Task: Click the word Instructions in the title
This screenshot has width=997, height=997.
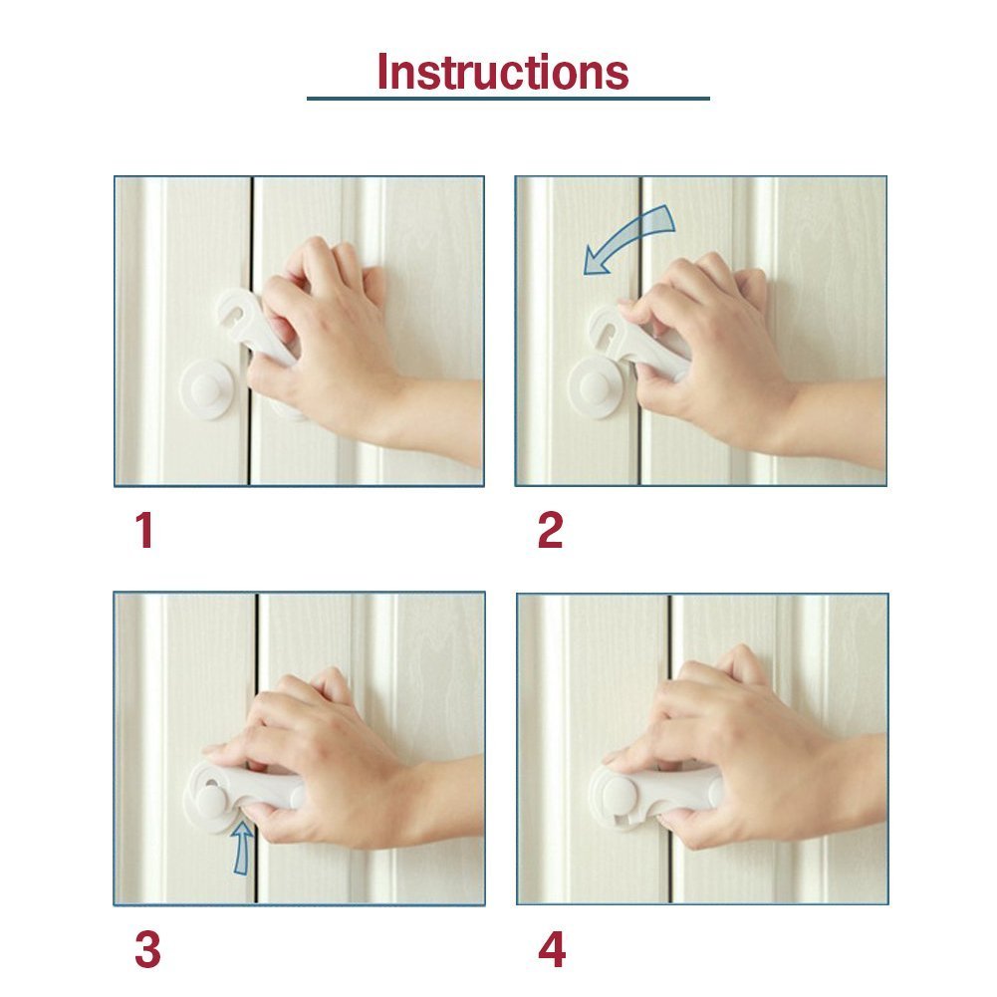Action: pos(503,72)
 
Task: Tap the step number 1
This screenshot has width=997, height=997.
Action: pos(144,531)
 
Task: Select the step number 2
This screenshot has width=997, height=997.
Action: pos(550,531)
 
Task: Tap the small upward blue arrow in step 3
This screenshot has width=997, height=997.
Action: pos(241,848)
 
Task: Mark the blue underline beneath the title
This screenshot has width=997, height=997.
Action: pos(508,99)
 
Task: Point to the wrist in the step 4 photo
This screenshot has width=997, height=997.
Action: pos(847,787)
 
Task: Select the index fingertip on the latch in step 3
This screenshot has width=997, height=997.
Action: pos(214,749)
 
